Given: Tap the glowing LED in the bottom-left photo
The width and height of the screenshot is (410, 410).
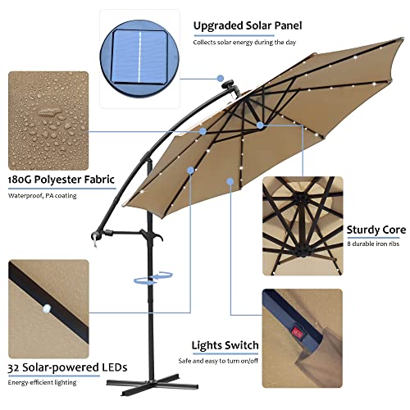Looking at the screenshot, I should [x=46, y=308].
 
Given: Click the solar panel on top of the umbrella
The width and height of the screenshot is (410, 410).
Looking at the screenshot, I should [x=225, y=83].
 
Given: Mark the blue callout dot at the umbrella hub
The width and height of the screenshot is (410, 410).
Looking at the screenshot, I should [x=259, y=125].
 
